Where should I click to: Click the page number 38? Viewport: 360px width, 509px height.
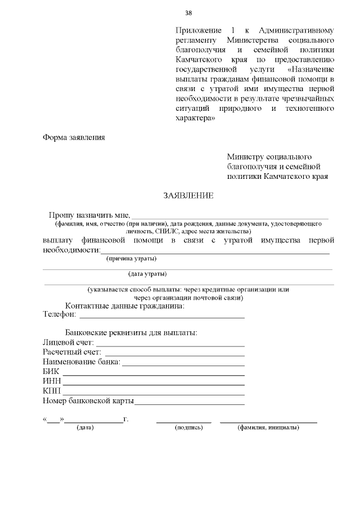189,13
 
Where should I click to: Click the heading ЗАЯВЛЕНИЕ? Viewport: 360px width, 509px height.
188,196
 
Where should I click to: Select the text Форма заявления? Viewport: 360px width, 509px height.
74,137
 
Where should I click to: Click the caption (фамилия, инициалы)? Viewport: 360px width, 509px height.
268,428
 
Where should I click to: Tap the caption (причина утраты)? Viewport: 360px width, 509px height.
132,259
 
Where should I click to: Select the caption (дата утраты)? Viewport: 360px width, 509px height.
147,274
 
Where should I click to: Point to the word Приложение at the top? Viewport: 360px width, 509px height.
197,29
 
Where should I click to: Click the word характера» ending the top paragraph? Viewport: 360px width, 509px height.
195,118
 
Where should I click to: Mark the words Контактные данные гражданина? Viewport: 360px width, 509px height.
125,307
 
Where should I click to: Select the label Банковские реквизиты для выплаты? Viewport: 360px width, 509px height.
131,332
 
